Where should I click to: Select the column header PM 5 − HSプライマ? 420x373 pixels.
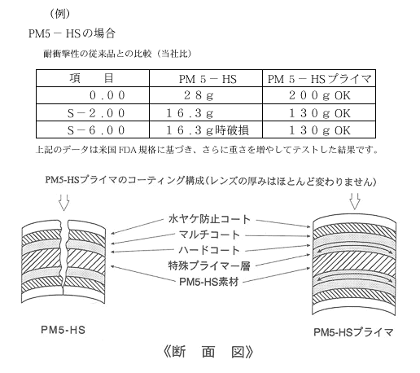[x=319, y=78]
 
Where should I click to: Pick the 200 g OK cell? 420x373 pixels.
[x=319, y=95]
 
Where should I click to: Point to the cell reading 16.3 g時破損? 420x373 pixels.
[x=206, y=129]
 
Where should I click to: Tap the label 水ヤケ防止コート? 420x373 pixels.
[x=209, y=219]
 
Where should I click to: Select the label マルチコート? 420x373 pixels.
[x=209, y=235]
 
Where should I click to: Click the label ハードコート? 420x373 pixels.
[x=209, y=250]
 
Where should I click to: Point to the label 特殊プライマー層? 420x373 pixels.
[x=209, y=265]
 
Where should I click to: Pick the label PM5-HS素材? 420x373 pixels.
[x=209, y=282]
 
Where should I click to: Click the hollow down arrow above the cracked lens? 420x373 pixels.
[x=64, y=202]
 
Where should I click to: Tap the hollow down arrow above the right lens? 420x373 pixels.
[x=355, y=201]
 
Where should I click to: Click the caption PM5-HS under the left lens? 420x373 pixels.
[x=63, y=330]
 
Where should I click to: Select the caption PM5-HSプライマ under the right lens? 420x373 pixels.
[x=353, y=331]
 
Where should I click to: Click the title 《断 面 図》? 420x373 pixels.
[x=208, y=352]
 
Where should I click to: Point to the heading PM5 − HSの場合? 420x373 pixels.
[x=72, y=33]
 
